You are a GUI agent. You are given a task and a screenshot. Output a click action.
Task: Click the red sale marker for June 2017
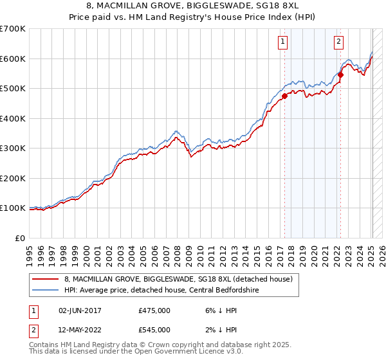tap(284, 96)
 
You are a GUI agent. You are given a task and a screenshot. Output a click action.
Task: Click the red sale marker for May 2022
tap(340, 75)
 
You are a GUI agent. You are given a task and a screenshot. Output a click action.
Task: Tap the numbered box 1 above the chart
tap(283, 42)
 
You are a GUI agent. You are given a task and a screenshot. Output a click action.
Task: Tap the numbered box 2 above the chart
tap(338, 42)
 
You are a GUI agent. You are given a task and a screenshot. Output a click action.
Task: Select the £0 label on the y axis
tap(21, 238)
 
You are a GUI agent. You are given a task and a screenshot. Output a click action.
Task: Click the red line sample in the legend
tap(45, 279)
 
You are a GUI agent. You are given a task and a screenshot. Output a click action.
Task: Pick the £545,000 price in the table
tap(154, 330)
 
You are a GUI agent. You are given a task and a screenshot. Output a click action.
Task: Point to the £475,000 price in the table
tap(154, 310)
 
